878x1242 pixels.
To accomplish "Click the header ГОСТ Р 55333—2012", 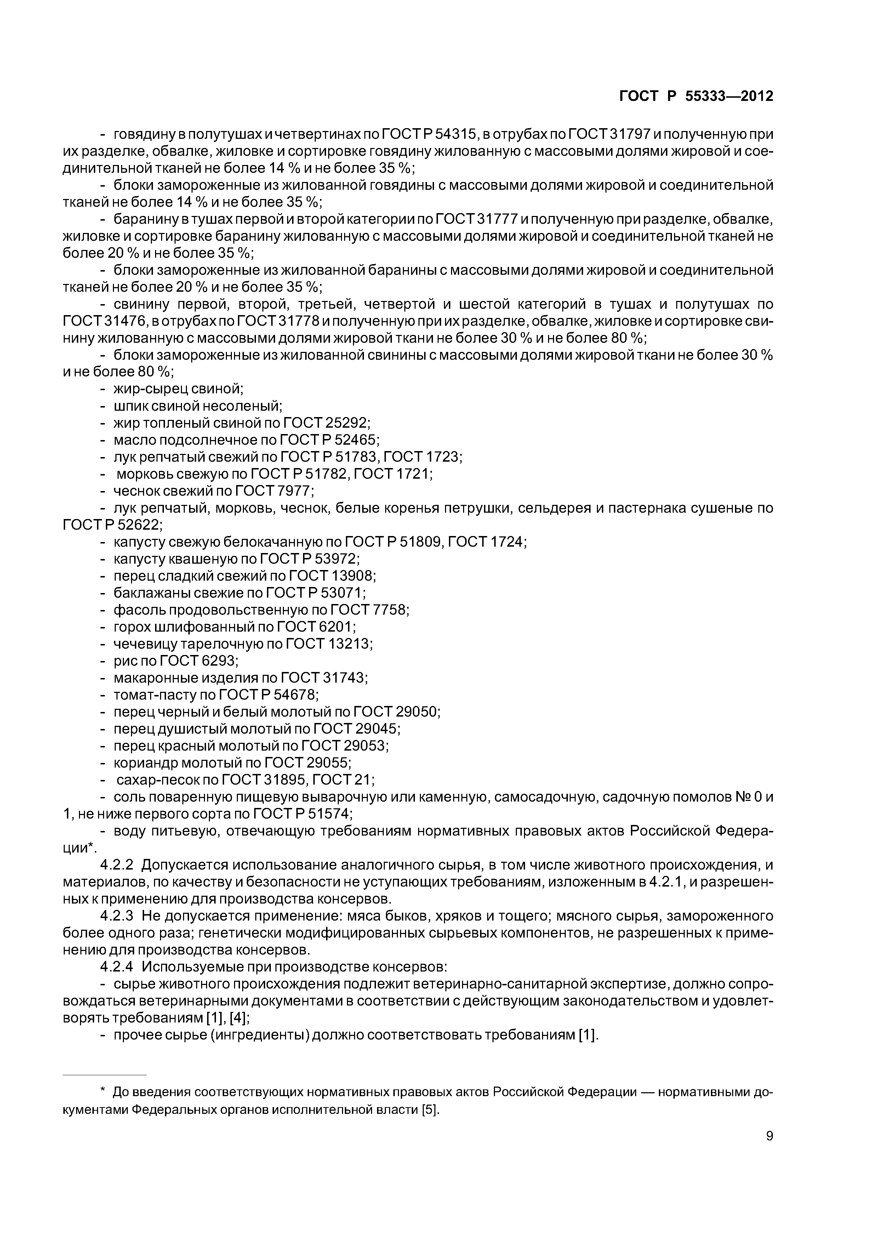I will point(696,96).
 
